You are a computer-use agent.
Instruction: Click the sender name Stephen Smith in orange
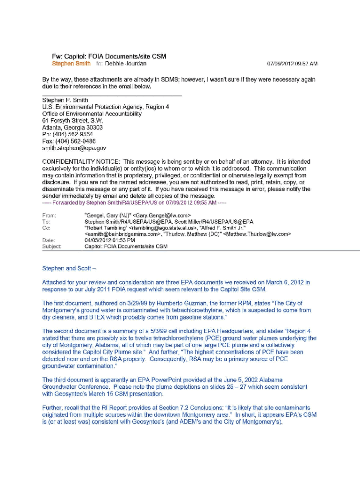pos(71,63)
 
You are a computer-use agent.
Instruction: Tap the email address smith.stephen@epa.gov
pos(74,148)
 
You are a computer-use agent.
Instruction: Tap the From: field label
pos(49,216)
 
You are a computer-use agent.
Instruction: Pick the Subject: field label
pos(52,246)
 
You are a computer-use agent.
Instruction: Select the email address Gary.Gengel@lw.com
pos(161,216)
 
